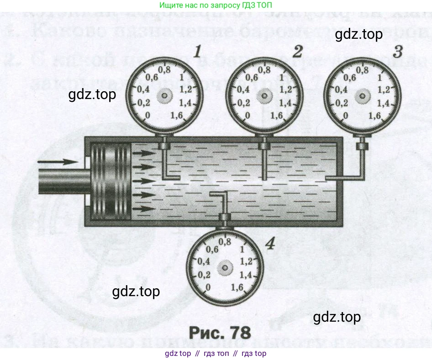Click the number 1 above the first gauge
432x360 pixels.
197,52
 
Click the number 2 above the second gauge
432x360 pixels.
298,52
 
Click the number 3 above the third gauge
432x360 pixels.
398,52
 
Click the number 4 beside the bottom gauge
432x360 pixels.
270,245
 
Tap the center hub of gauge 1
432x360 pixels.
163,96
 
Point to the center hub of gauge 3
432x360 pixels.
363,96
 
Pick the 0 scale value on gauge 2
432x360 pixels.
247,116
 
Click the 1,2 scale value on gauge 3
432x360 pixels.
385,89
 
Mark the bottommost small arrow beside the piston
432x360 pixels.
145,209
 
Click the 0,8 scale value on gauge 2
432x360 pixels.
264,70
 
